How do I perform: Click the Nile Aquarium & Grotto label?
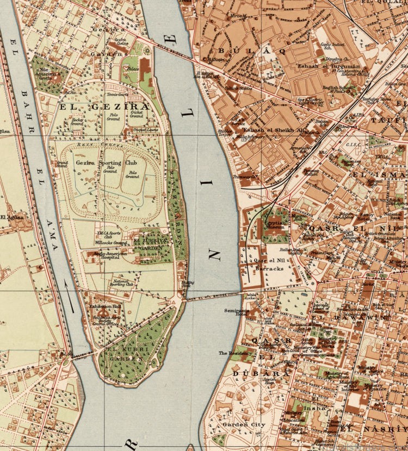[x=50, y=72]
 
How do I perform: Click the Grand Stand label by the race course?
[x=62, y=163]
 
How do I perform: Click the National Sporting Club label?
[x=121, y=282]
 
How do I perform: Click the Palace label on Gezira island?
[x=133, y=70]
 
